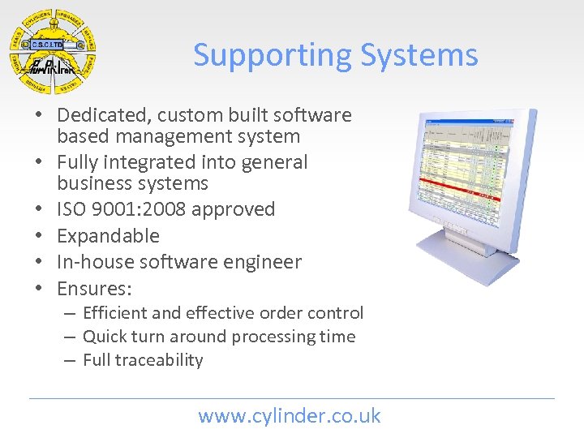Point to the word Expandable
coord(108,236)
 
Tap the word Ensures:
coord(95,288)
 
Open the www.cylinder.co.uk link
coord(290,416)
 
